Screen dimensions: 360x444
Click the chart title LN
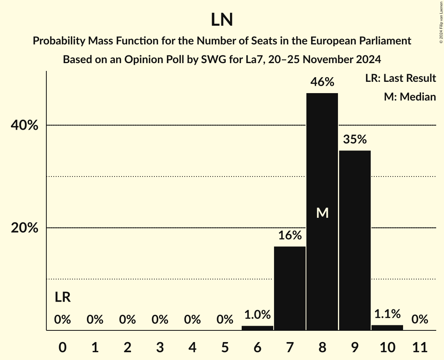click(x=222, y=20)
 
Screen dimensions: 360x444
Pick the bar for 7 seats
click(x=290, y=288)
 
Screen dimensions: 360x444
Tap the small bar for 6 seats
click(x=257, y=328)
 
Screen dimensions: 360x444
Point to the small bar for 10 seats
click(x=387, y=328)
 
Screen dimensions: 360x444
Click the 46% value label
click(x=322, y=82)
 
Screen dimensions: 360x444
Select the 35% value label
click(x=355, y=139)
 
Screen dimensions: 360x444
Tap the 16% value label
click(x=290, y=235)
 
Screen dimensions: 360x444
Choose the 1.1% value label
click(x=387, y=314)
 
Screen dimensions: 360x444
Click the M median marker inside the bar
click(x=322, y=213)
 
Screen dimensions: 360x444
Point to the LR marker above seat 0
click(x=62, y=298)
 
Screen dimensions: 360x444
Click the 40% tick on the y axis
click(x=25, y=125)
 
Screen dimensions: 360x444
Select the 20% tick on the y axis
click(x=25, y=228)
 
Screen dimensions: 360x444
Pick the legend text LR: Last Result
click(x=400, y=78)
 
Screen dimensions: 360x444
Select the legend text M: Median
click(x=410, y=97)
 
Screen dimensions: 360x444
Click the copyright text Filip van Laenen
click(x=441, y=22)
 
